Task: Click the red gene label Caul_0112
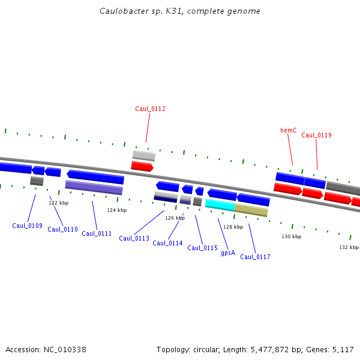(x=150, y=109)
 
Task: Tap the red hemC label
(x=289, y=130)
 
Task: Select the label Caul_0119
(x=316, y=135)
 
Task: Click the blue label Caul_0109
(x=27, y=226)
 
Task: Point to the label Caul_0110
(x=62, y=229)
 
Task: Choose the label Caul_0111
(x=97, y=233)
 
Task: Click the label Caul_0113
(x=134, y=238)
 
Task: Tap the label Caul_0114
(x=167, y=243)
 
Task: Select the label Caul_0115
(x=202, y=248)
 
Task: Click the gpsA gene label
(x=227, y=253)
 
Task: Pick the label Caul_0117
(x=255, y=257)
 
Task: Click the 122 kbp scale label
(x=58, y=203)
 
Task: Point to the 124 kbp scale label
(x=117, y=210)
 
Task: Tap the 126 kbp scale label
(x=175, y=218)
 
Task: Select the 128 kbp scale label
(x=233, y=227)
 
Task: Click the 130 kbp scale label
(x=291, y=236)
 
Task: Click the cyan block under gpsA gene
(x=220, y=204)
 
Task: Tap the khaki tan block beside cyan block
(x=251, y=209)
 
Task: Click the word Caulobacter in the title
(x=122, y=11)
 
